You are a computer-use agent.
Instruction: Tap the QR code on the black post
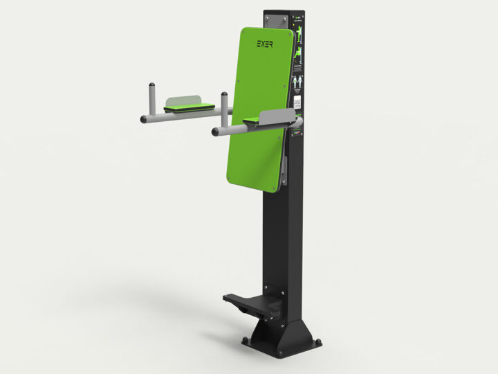[x=298, y=103]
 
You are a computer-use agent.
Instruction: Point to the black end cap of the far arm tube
[x=143, y=120]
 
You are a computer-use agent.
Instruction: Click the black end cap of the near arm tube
[x=215, y=130]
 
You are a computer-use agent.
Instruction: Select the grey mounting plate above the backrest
[x=279, y=21]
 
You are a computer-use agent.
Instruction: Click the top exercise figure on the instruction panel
[x=299, y=35]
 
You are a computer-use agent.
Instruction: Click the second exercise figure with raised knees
[x=299, y=55]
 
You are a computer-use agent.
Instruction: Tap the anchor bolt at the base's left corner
[x=244, y=340]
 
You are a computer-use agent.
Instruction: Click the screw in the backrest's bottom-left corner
[x=229, y=168]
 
